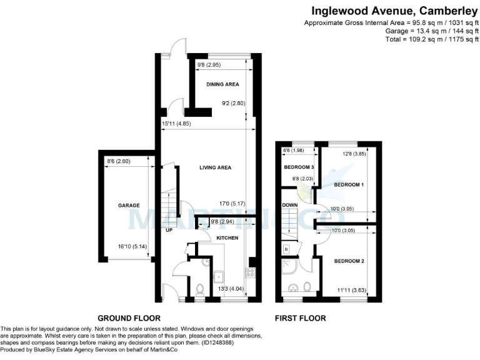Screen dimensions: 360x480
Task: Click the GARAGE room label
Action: click(x=129, y=205)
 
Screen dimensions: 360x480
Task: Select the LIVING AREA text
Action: click(x=216, y=167)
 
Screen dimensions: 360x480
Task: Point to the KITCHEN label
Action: click(x=228, y=238)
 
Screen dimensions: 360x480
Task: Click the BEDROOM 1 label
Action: click(x=349, y=185)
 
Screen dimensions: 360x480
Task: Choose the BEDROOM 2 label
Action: click(x=349, y=261)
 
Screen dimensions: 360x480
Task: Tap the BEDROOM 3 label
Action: click(x=299, y=167)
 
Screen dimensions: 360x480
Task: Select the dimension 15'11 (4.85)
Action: click(x=176, y=124)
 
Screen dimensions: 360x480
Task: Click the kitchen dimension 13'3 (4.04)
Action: click(x=230, y=289)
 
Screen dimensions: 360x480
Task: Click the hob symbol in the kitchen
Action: click(x=249, y=272)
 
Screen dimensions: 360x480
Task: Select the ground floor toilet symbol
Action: click(x=200, y=289)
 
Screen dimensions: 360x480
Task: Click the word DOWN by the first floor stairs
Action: click(x=289, y=205)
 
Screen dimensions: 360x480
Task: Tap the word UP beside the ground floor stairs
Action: click(x=169, y=230)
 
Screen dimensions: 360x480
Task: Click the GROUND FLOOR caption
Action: click(x=129, y=318)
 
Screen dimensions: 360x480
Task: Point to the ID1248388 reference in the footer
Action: click(x=222, y=342)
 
